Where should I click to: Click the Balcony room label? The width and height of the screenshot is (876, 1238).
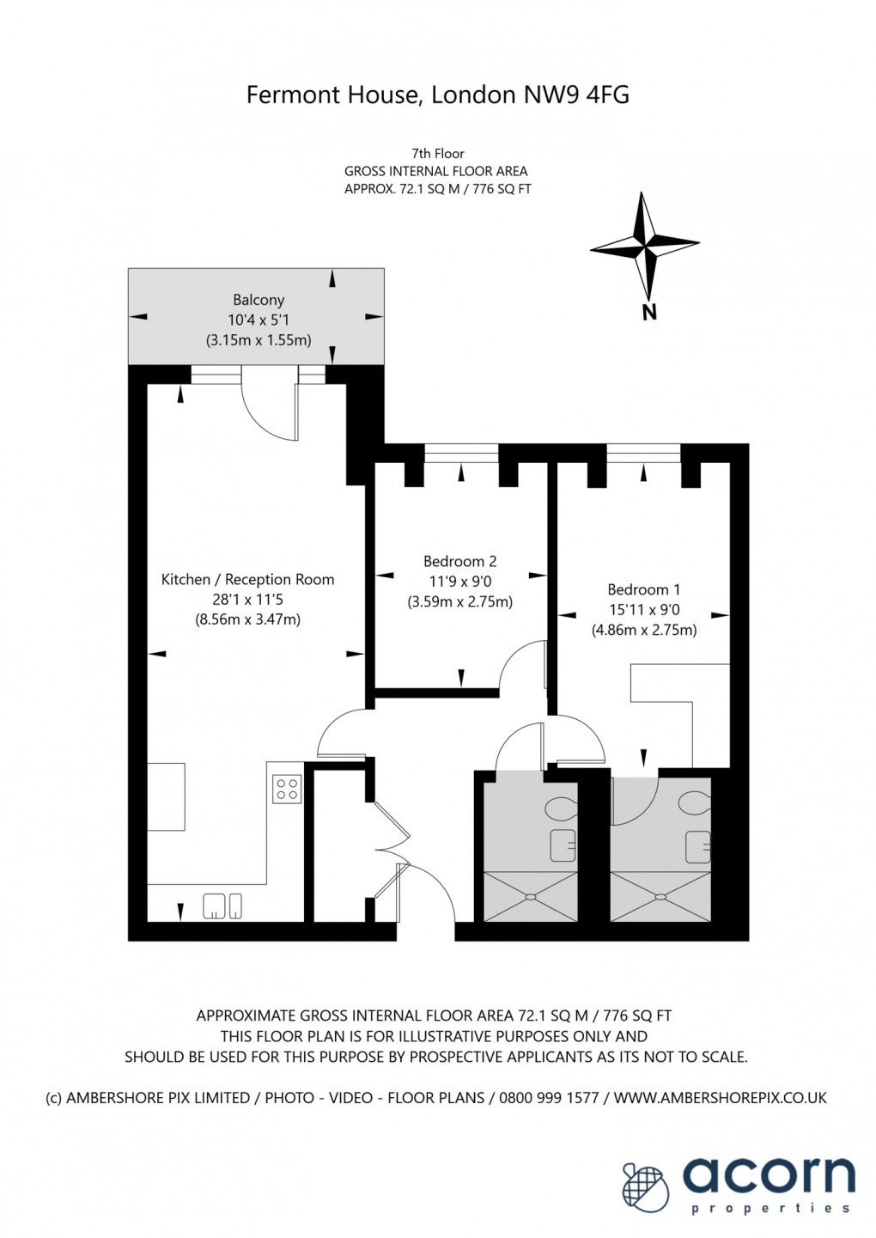point(259,300)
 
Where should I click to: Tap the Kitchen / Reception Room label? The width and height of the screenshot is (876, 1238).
point(247,580)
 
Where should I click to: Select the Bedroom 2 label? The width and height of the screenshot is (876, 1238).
point(459,562)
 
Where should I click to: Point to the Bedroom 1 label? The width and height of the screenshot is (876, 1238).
point(643,590)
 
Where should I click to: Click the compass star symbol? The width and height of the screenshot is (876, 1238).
point(644,245)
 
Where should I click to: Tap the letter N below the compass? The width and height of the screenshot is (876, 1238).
point(649,314)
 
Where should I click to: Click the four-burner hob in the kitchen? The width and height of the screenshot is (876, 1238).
point(287,789)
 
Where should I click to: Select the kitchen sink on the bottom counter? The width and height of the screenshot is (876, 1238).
point(222,906)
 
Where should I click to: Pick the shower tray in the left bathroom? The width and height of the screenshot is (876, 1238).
point(530,897)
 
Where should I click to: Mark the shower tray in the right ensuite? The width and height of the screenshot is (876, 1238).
point(660,897)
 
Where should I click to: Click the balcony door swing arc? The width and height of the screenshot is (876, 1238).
point(266,411)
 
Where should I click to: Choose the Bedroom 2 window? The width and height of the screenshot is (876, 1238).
point(461,453)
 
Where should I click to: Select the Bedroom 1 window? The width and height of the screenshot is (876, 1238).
point(643,453)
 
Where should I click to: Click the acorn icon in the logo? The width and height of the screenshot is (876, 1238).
point(646,1185)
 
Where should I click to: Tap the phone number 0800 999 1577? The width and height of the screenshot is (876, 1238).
point(550,1098)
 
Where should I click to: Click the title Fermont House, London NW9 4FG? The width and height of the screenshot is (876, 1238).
point(437,95)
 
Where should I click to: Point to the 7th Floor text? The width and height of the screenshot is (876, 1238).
point(437,154)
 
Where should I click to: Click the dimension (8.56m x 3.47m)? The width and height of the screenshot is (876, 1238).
point(247,619)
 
